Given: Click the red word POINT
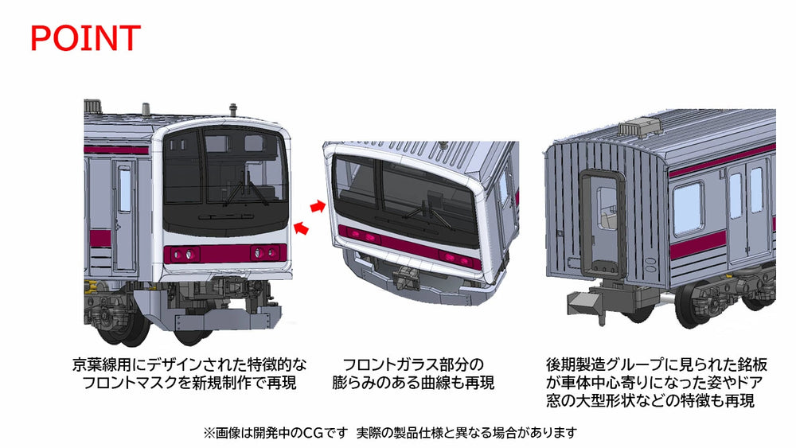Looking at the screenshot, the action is coord(85,38).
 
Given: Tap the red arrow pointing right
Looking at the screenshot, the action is coord(318,205).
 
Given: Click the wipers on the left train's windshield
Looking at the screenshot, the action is coord(244,189).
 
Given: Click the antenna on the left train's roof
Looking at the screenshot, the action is coord(233,111).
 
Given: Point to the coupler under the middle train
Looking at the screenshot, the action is coord(405,275).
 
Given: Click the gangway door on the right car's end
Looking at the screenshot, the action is coord(603,224).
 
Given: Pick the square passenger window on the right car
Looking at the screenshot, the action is coord(688,208).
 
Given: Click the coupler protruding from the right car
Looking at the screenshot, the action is coord(583,303).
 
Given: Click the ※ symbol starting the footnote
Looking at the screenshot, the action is coord(209,433).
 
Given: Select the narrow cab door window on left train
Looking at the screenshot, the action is coord(124,189).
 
